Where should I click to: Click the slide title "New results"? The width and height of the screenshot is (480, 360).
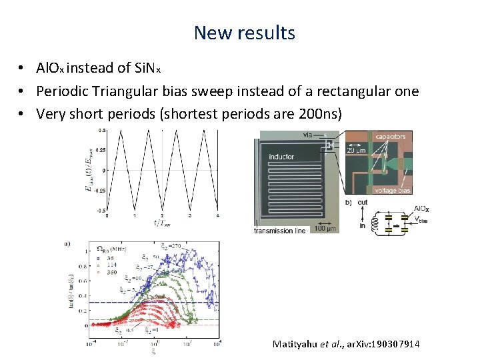(x=244, y=32)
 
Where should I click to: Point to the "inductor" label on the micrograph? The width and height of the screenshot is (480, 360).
(x=281, y=157)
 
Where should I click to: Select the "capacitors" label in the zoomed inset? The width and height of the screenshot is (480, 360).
(x=389, y=136)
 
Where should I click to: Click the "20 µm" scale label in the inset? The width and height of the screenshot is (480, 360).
(x=356, y=150)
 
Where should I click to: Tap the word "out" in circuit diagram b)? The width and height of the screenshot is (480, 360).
(x=363, y=202)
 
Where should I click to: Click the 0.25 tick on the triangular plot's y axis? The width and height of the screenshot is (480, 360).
(x=100, y=150)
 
